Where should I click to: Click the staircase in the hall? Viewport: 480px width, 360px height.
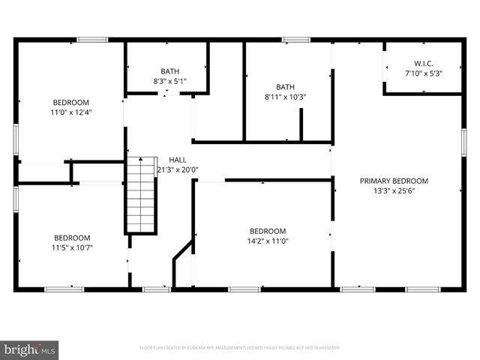pos(141,196)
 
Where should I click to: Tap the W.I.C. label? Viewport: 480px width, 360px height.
pos(424,64)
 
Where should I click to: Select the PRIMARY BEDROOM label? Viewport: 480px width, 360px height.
pos(394,181)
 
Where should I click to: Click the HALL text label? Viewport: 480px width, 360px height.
pos(178,160)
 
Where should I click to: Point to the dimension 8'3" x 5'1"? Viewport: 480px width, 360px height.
pos(169,81)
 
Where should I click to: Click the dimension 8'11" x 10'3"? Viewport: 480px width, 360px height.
pos(285,96)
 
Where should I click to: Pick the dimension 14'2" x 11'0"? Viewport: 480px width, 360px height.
pos(268,241)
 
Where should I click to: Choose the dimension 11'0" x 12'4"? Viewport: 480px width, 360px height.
pos(70,112)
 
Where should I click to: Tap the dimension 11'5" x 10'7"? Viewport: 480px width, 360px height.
pos(72,247)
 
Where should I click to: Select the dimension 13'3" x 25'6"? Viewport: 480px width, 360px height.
pos(394,190)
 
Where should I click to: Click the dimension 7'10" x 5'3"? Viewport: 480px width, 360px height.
pos(424,73)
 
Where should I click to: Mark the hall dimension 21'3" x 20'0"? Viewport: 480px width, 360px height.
pos(178,169)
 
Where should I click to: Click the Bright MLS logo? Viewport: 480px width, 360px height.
pos(30,349)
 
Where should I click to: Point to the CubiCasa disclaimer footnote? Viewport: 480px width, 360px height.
pos(240,348)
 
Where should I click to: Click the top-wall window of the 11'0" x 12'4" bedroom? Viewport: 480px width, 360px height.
pos(92,40)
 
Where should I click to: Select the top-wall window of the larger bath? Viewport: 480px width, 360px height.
pos(295,40)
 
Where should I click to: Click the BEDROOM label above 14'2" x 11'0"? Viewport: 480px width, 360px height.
pos(268,231)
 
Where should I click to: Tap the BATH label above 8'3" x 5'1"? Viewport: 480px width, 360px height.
pos(169,71)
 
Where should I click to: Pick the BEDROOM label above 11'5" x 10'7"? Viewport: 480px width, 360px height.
pos(72,238)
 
